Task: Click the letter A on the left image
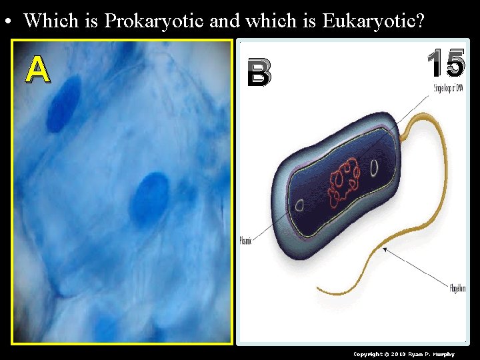coord(37,69)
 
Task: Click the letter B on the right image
coord(259,73)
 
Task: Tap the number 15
coord(445,65)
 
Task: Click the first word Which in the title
coord(52,21)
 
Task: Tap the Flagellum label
coord(457,288)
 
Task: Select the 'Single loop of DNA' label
coord(449,89)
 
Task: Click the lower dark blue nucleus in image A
coord(149,198)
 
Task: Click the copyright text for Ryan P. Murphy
coord(403,354)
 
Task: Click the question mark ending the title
coord(420,21)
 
